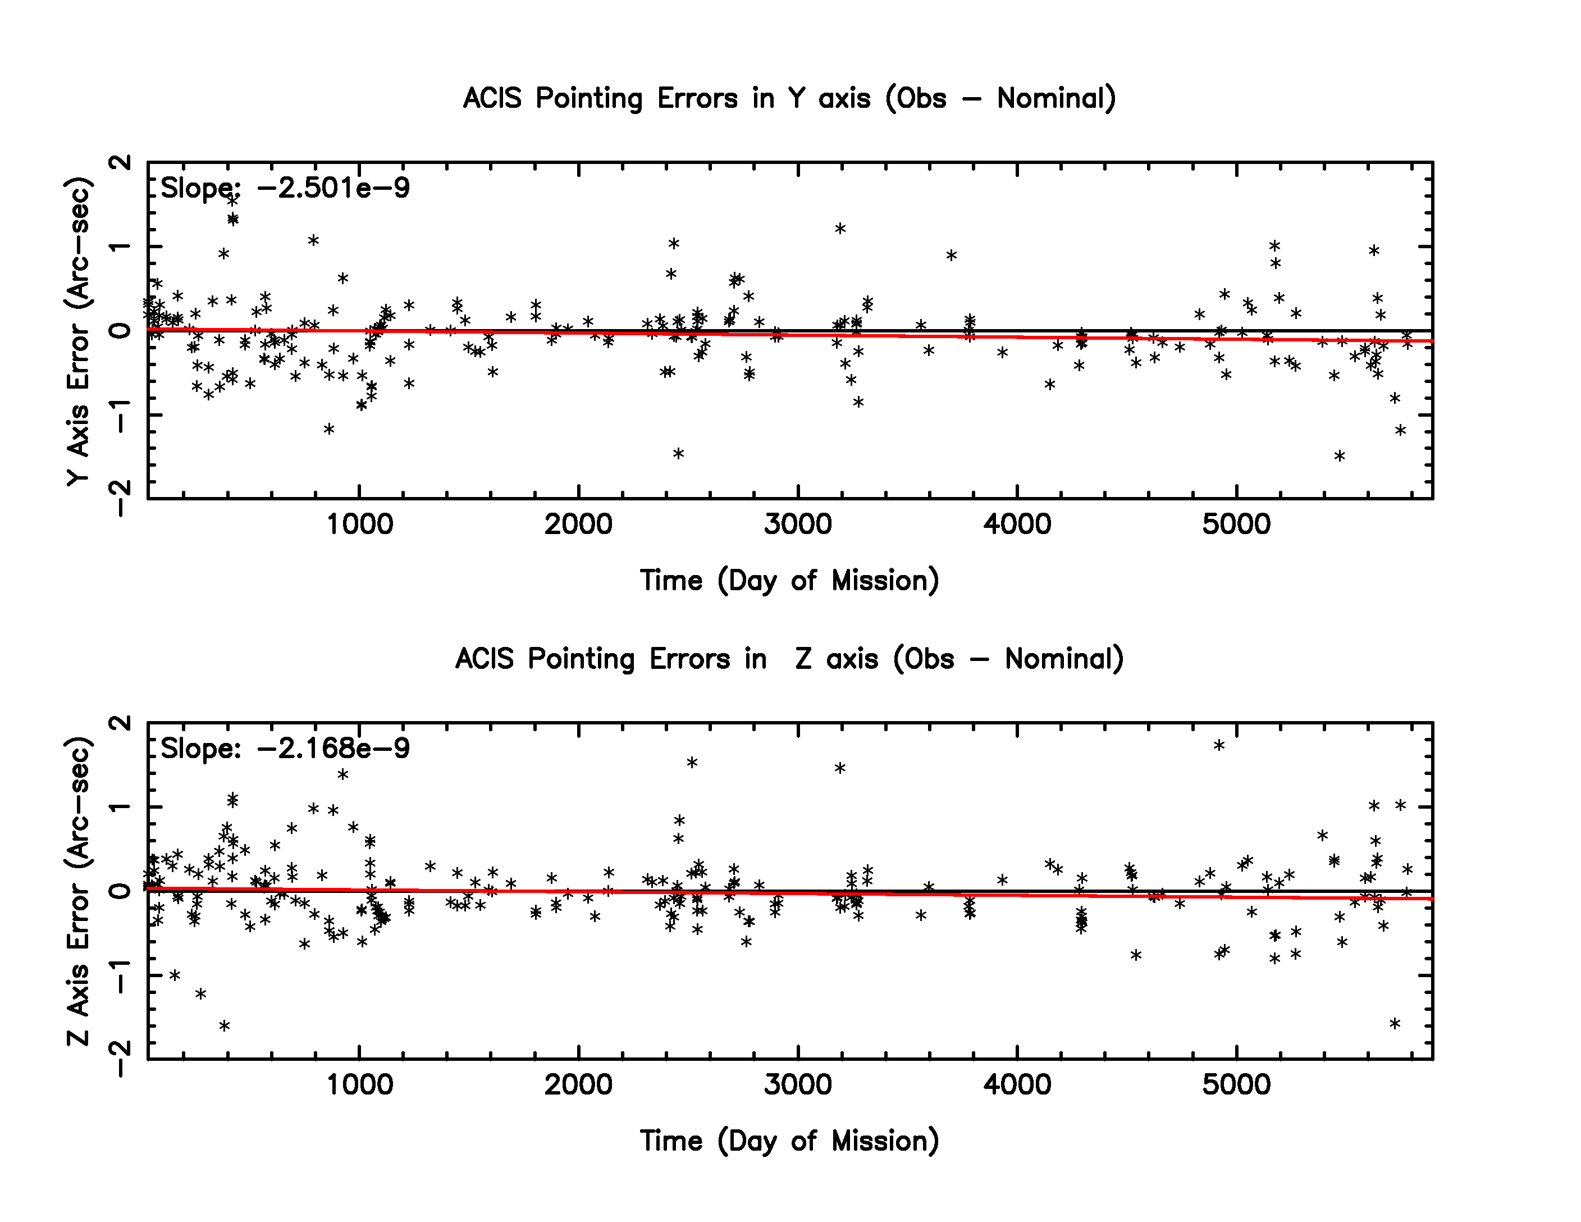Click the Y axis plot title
click(789, 98)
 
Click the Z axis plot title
click(789, 659)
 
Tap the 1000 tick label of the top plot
click(359, 524)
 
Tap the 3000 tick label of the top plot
click(798, 524)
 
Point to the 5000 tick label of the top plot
click(1236, 524)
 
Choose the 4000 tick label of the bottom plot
click(1017, 1084)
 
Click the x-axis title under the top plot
click(789, 581)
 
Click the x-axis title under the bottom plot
click(789, 1141)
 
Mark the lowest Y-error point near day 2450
click(678, 454)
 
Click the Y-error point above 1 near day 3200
click(840, 229)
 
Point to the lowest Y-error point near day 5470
click(1339, 456)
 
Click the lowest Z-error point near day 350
click(225, 1026)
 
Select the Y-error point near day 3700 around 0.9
click(951, 255)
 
